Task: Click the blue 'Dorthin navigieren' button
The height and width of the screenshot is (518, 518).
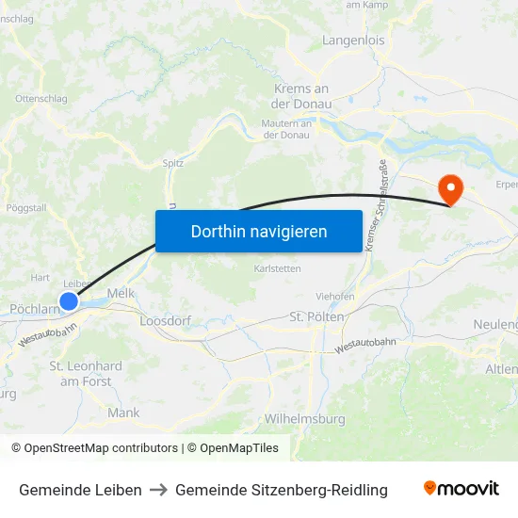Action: pyautogui.click(x=259, y=231)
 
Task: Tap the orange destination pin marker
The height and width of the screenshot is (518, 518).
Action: pyautogui.click(x=451, y=190)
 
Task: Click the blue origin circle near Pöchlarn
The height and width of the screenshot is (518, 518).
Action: pyautogui.click(x=69, y=301)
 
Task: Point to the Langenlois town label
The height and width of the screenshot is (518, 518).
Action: pyautogui.click(x=353, y=40)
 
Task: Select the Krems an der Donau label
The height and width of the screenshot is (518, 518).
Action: pyautogui.click(x=301, y=96)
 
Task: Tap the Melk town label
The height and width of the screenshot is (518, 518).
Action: pyautogui.click(x=122, y=294)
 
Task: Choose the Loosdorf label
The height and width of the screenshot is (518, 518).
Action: pyautogui.click(x=165, y=321)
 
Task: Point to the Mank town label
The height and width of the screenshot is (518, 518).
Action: pyautogui.click(x=123, y=413)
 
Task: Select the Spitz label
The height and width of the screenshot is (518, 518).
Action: pyautogui.click(x=173, y=162)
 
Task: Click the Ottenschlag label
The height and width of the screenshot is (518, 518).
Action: pyautogui.click(x=40, y=98)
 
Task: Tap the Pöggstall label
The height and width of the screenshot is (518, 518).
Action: pyautogui.click(x=26, y=207)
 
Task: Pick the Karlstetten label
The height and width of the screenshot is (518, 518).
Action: pyautogui.click(x=278, y=268)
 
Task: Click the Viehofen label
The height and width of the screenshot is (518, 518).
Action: pyautogui.click(x=335, y=296)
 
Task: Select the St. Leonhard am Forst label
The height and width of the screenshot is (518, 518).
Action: pyautogui.click(x=86, y=373)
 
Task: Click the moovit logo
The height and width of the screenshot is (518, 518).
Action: pyautogui.click(x=461, y=489)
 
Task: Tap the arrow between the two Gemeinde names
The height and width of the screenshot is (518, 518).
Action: pyautogui.click(x=158, y=490)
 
